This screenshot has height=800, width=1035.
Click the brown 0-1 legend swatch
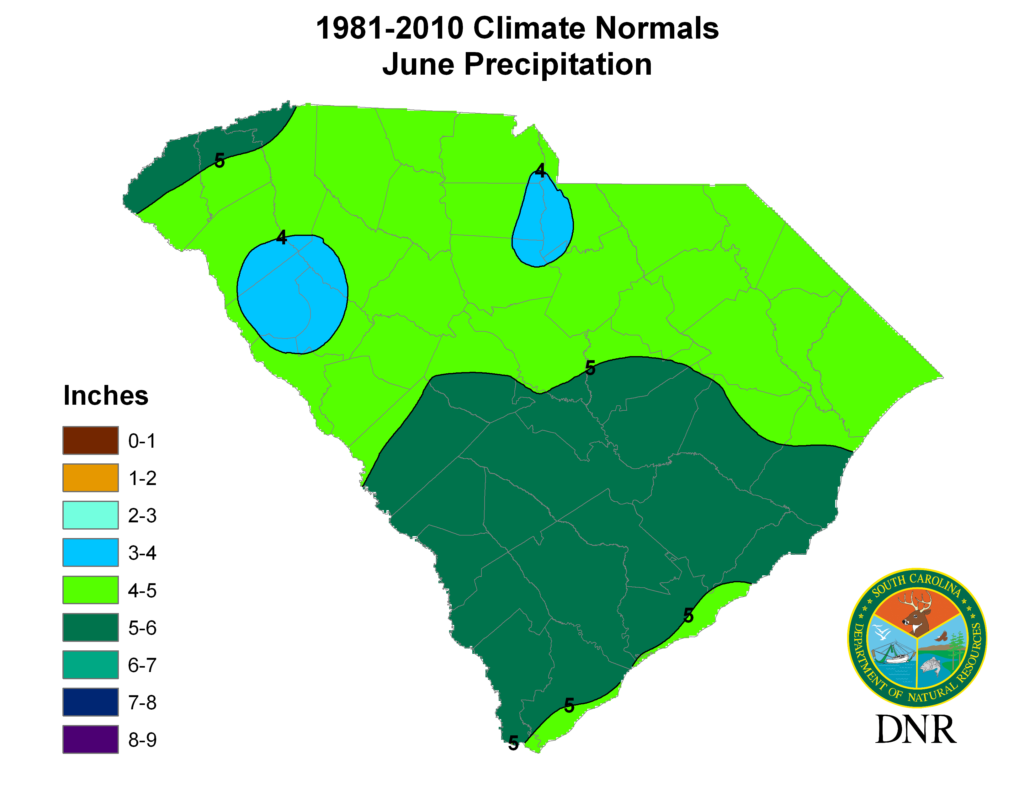tap(91, 440)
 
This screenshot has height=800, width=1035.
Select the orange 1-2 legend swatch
tap(91, 478)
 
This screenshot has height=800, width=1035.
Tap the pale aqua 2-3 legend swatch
tap(91, 515)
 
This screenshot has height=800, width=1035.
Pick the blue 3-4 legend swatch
tap(91, 552)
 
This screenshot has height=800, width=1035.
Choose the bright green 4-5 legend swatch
tap(91, 590)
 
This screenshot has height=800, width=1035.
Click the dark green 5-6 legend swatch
tap(91, 627)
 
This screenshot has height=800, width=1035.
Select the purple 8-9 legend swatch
tap(91, 739)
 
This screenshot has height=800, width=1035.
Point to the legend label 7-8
tap(142, 702)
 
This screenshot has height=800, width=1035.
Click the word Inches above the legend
tap(106, 396)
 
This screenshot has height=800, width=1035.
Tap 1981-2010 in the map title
tap(390, 29)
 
